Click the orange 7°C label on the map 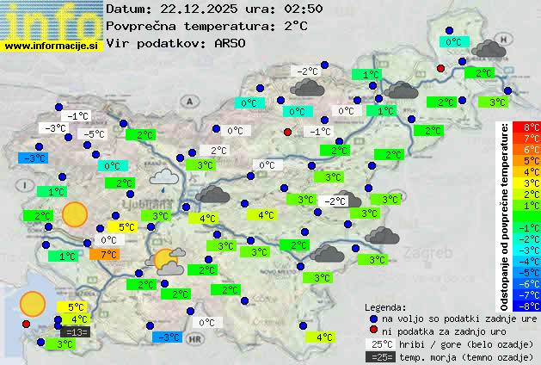(x=108, y=255)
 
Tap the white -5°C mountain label (x=93, y=134)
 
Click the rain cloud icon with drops (x=163, y=178)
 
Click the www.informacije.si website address (x=52, y=45)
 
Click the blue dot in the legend (x=372, y=319)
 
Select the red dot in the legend (x=372, y=331)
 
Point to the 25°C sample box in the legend (x=379, y=344)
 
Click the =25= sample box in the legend (x=379, y=356)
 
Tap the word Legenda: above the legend (x=385, y=307)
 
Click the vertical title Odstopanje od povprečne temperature (x=505, y=215)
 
